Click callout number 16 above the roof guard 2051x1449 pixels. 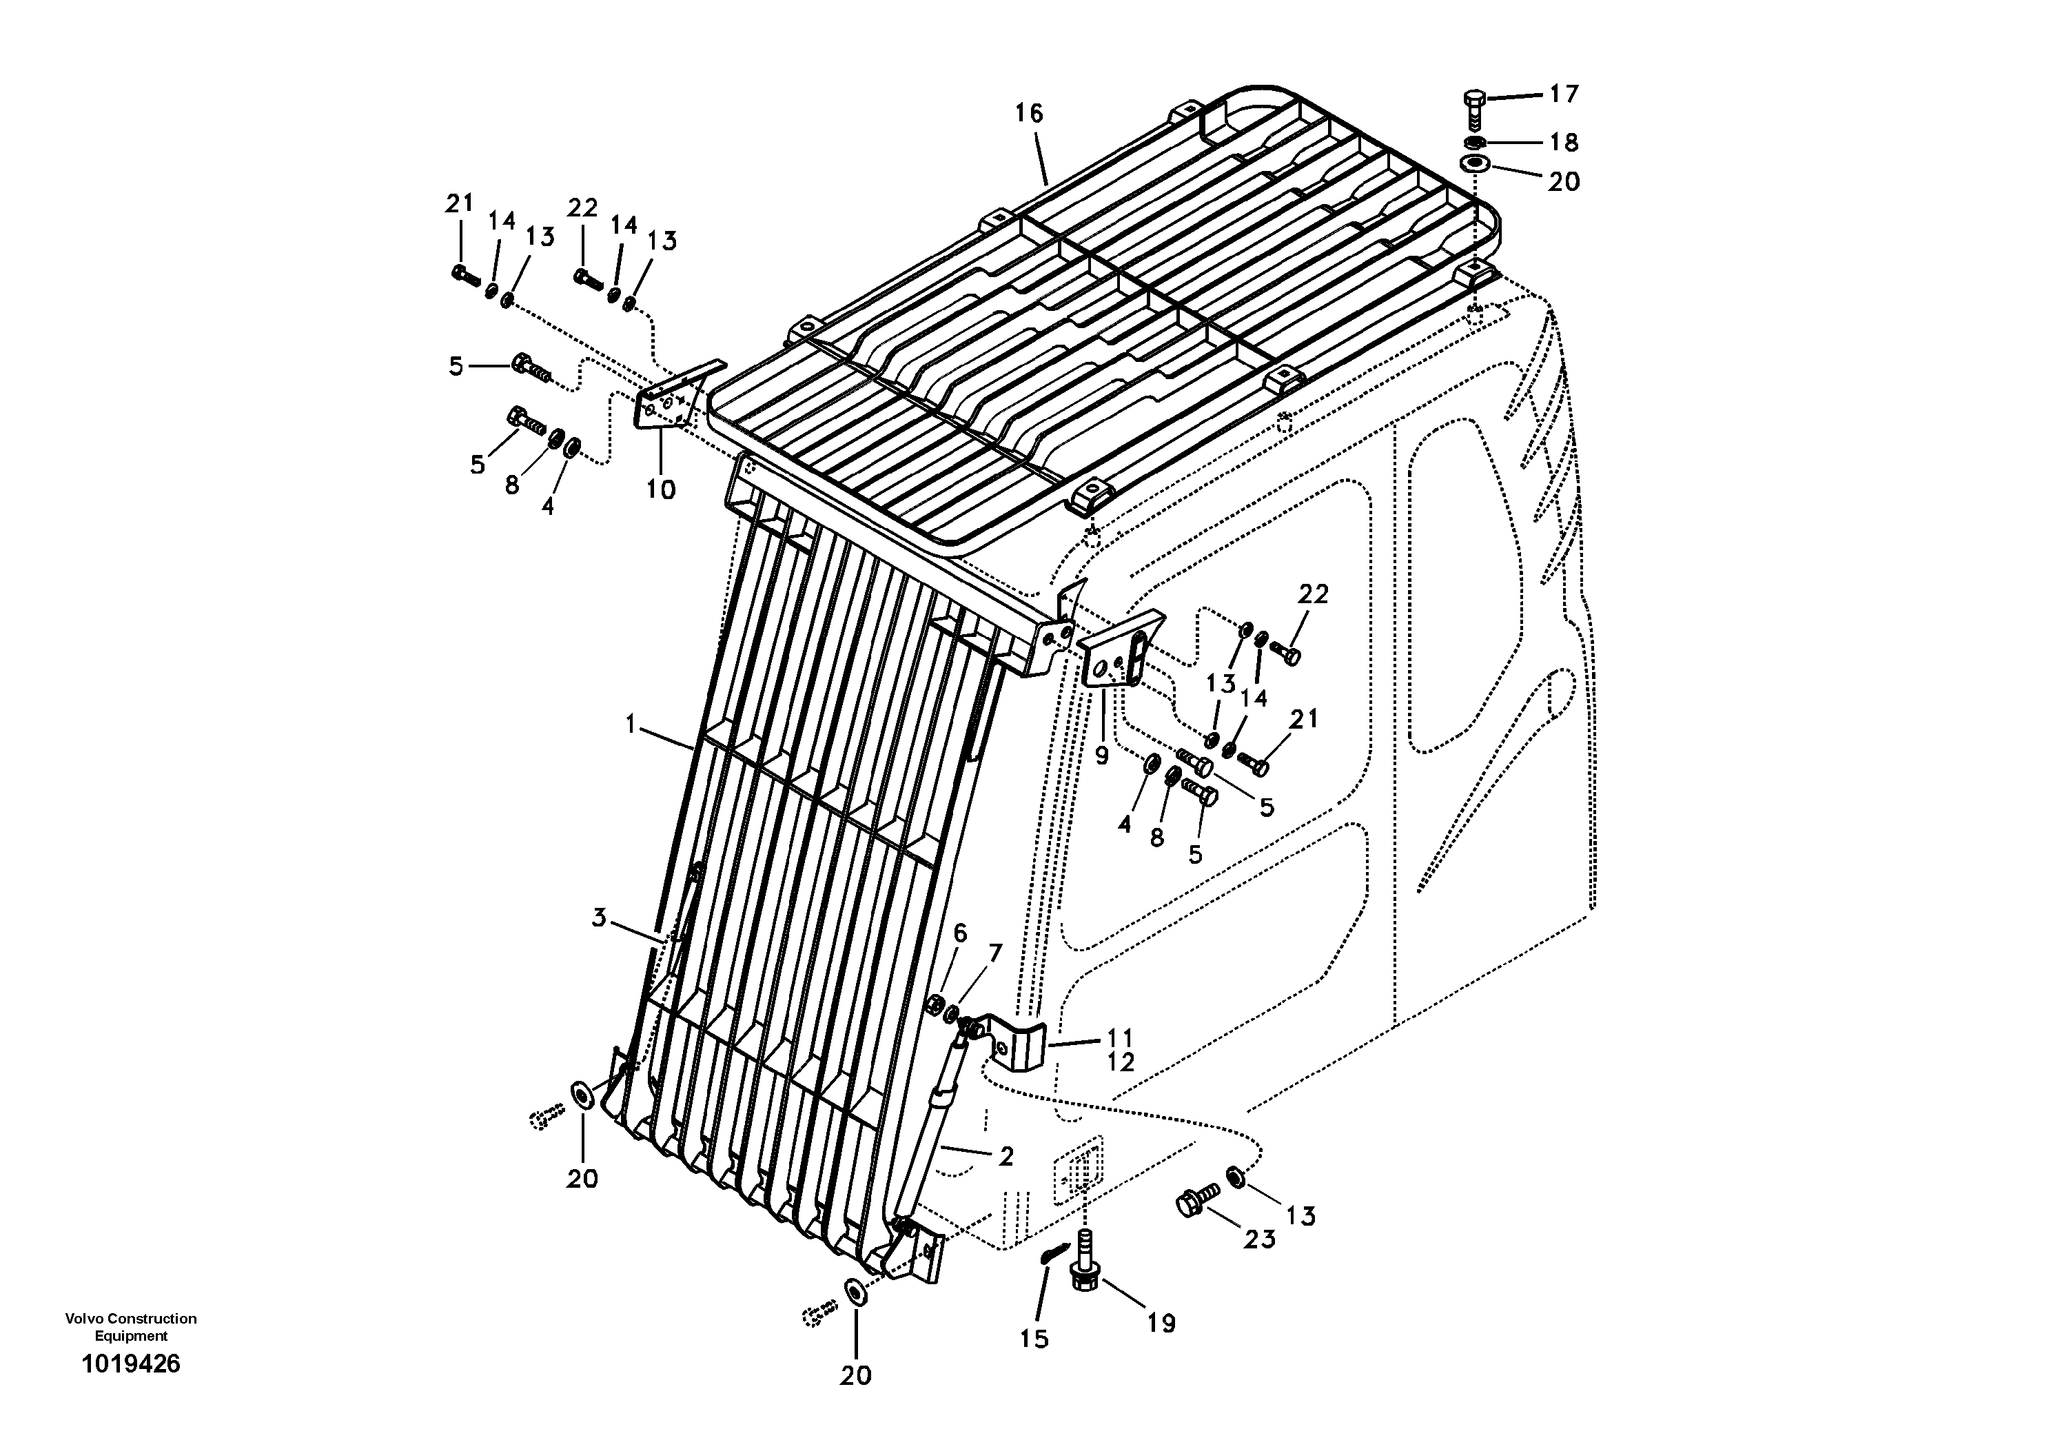1028,114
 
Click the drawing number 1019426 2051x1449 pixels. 130,1364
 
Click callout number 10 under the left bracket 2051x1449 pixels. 661,489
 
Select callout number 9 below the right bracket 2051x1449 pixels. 1101,756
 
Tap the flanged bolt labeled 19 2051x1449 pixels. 1085,1271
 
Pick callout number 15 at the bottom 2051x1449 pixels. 1034,1339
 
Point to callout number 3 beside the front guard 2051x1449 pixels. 598,918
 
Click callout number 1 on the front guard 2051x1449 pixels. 631,724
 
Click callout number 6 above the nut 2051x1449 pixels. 960,933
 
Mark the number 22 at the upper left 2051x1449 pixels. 582,208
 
